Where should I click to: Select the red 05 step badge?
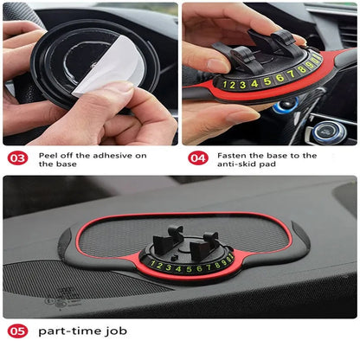pyautogui.click(x=17, y=331)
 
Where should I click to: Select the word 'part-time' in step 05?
pyautogui.click(x=60, y=331)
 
